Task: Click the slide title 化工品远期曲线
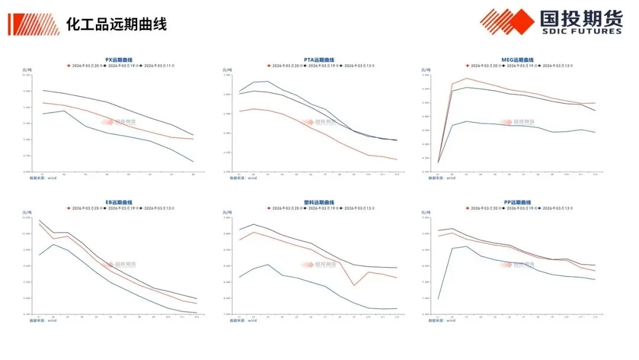[x=116, y=24]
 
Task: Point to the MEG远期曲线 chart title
[x=517, y=60]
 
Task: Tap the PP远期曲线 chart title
[x=517, y=202]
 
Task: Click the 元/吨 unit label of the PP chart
[x=424, y=212]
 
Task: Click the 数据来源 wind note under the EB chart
[x=43, y=321]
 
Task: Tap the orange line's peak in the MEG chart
[x=466, y=78]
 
